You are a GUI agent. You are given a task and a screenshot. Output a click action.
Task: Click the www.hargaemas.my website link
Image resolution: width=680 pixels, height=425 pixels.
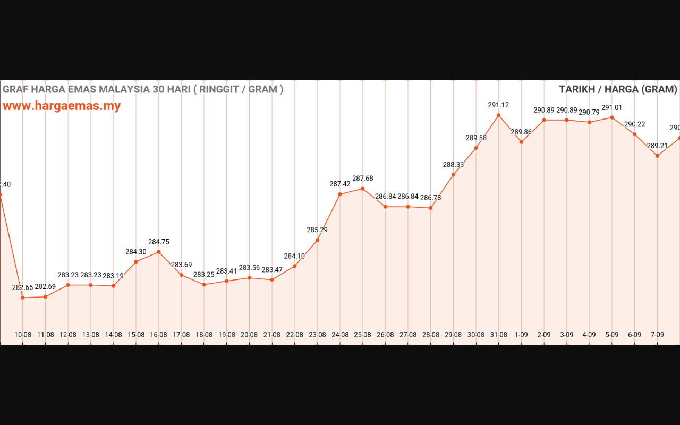click(x=62, y=106)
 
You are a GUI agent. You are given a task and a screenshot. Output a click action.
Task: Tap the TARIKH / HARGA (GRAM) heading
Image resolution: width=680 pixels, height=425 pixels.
click(x=618, y=89)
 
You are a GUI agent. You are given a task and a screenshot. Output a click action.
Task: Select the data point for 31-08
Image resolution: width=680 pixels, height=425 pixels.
click(x=499, y=115)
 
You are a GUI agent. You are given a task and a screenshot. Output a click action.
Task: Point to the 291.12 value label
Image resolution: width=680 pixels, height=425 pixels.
click(x=498, y=105)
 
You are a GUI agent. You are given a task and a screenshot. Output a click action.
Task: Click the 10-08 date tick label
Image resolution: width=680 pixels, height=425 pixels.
click(x=23, y=335)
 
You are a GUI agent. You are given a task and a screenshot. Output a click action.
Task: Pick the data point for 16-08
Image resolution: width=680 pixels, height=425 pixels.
click(x=158, y=252)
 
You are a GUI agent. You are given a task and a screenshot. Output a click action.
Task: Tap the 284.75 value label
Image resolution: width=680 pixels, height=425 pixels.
click(x=158, y=242)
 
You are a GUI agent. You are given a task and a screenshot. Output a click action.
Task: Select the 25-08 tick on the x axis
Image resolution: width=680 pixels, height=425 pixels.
click(x=362, y=335)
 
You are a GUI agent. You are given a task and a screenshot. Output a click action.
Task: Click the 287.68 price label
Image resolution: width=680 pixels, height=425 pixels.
click(x=362, y=178)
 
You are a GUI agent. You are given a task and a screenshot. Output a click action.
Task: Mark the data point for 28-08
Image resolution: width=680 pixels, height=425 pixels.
click(x=431, y=208)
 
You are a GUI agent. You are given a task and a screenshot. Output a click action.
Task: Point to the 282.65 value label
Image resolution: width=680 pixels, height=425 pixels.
click(x=23, y=287)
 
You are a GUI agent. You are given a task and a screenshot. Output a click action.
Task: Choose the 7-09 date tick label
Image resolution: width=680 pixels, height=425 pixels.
click(x=657, y=335)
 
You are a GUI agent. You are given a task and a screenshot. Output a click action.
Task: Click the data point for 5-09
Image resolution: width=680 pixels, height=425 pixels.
click(x=612, y=117)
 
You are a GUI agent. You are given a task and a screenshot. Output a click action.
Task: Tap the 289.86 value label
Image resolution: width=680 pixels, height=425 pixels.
click(x=521, y=132)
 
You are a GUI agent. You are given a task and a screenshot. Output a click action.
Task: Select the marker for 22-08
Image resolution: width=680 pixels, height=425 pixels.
click(x=294, y=266)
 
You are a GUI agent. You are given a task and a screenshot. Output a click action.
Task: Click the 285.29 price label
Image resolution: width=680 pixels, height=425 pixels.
click(x=317, y=230)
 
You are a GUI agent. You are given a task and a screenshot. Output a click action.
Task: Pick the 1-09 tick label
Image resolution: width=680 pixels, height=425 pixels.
click(x=521, y=335)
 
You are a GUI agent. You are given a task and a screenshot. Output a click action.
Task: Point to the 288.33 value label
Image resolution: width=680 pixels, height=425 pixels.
click(x=453, y=165)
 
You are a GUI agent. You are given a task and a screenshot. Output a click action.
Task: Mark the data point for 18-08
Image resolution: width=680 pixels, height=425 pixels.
click(x=204, y=284)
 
